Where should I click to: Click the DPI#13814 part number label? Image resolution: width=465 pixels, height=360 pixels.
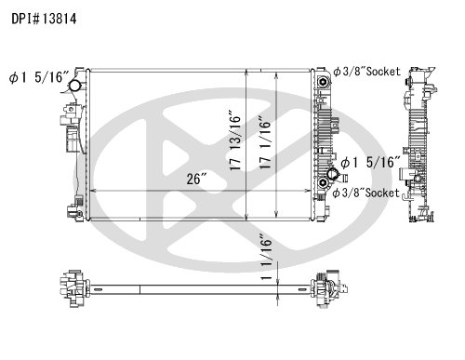tap(44, 19)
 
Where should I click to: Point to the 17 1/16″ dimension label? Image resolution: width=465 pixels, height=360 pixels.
tap(265, 143)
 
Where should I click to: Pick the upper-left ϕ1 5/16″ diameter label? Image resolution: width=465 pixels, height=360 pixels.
tap(39, 77)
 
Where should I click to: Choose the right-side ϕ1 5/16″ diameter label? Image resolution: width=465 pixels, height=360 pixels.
tap(370, 162)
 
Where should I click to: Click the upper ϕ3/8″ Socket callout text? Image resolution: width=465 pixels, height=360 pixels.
tap(366, 72)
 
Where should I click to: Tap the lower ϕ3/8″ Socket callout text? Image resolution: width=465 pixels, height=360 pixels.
tap(365, 193)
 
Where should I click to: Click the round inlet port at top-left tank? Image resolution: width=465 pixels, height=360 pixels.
tap(74, 86)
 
